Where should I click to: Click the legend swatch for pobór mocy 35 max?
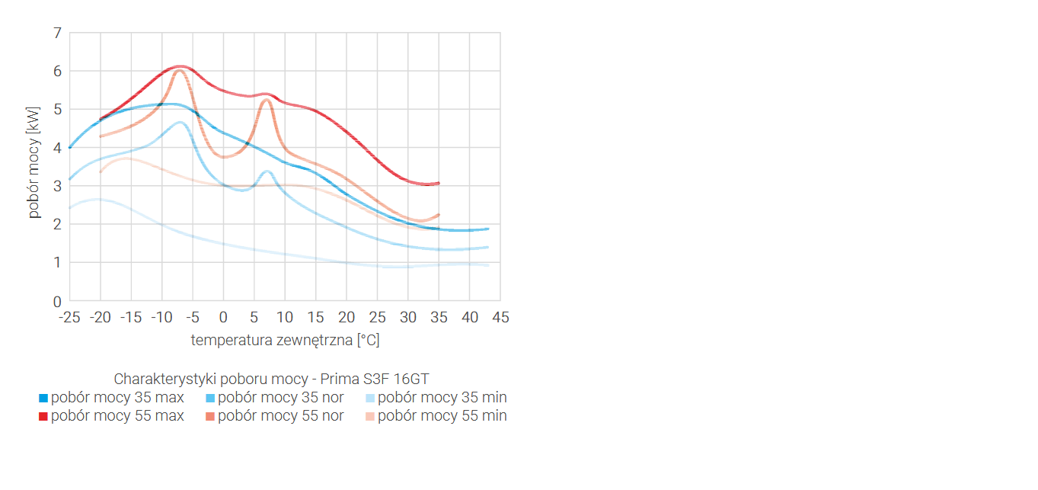point(43,398)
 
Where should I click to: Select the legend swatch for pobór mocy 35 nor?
point(210,398)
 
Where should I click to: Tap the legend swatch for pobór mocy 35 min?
point(370,398)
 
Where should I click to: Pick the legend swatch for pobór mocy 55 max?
point(43,416)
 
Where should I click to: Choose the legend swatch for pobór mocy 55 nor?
point(210,416)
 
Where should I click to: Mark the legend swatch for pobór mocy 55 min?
point(370,416)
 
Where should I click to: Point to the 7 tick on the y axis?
point(57,33)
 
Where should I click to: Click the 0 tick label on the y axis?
point(57,301)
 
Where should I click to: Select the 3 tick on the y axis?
point(57,186)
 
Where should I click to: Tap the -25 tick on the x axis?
point(69,317)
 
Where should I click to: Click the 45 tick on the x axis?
point(500,317)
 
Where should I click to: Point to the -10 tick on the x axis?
point(161,317)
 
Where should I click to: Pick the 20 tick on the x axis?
point(347,317)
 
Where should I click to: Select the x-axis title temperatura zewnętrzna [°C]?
point(285,340)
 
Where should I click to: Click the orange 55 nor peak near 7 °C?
point(267,100)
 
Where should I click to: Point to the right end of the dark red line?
point(439,183)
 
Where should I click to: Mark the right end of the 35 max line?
point(487,229)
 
